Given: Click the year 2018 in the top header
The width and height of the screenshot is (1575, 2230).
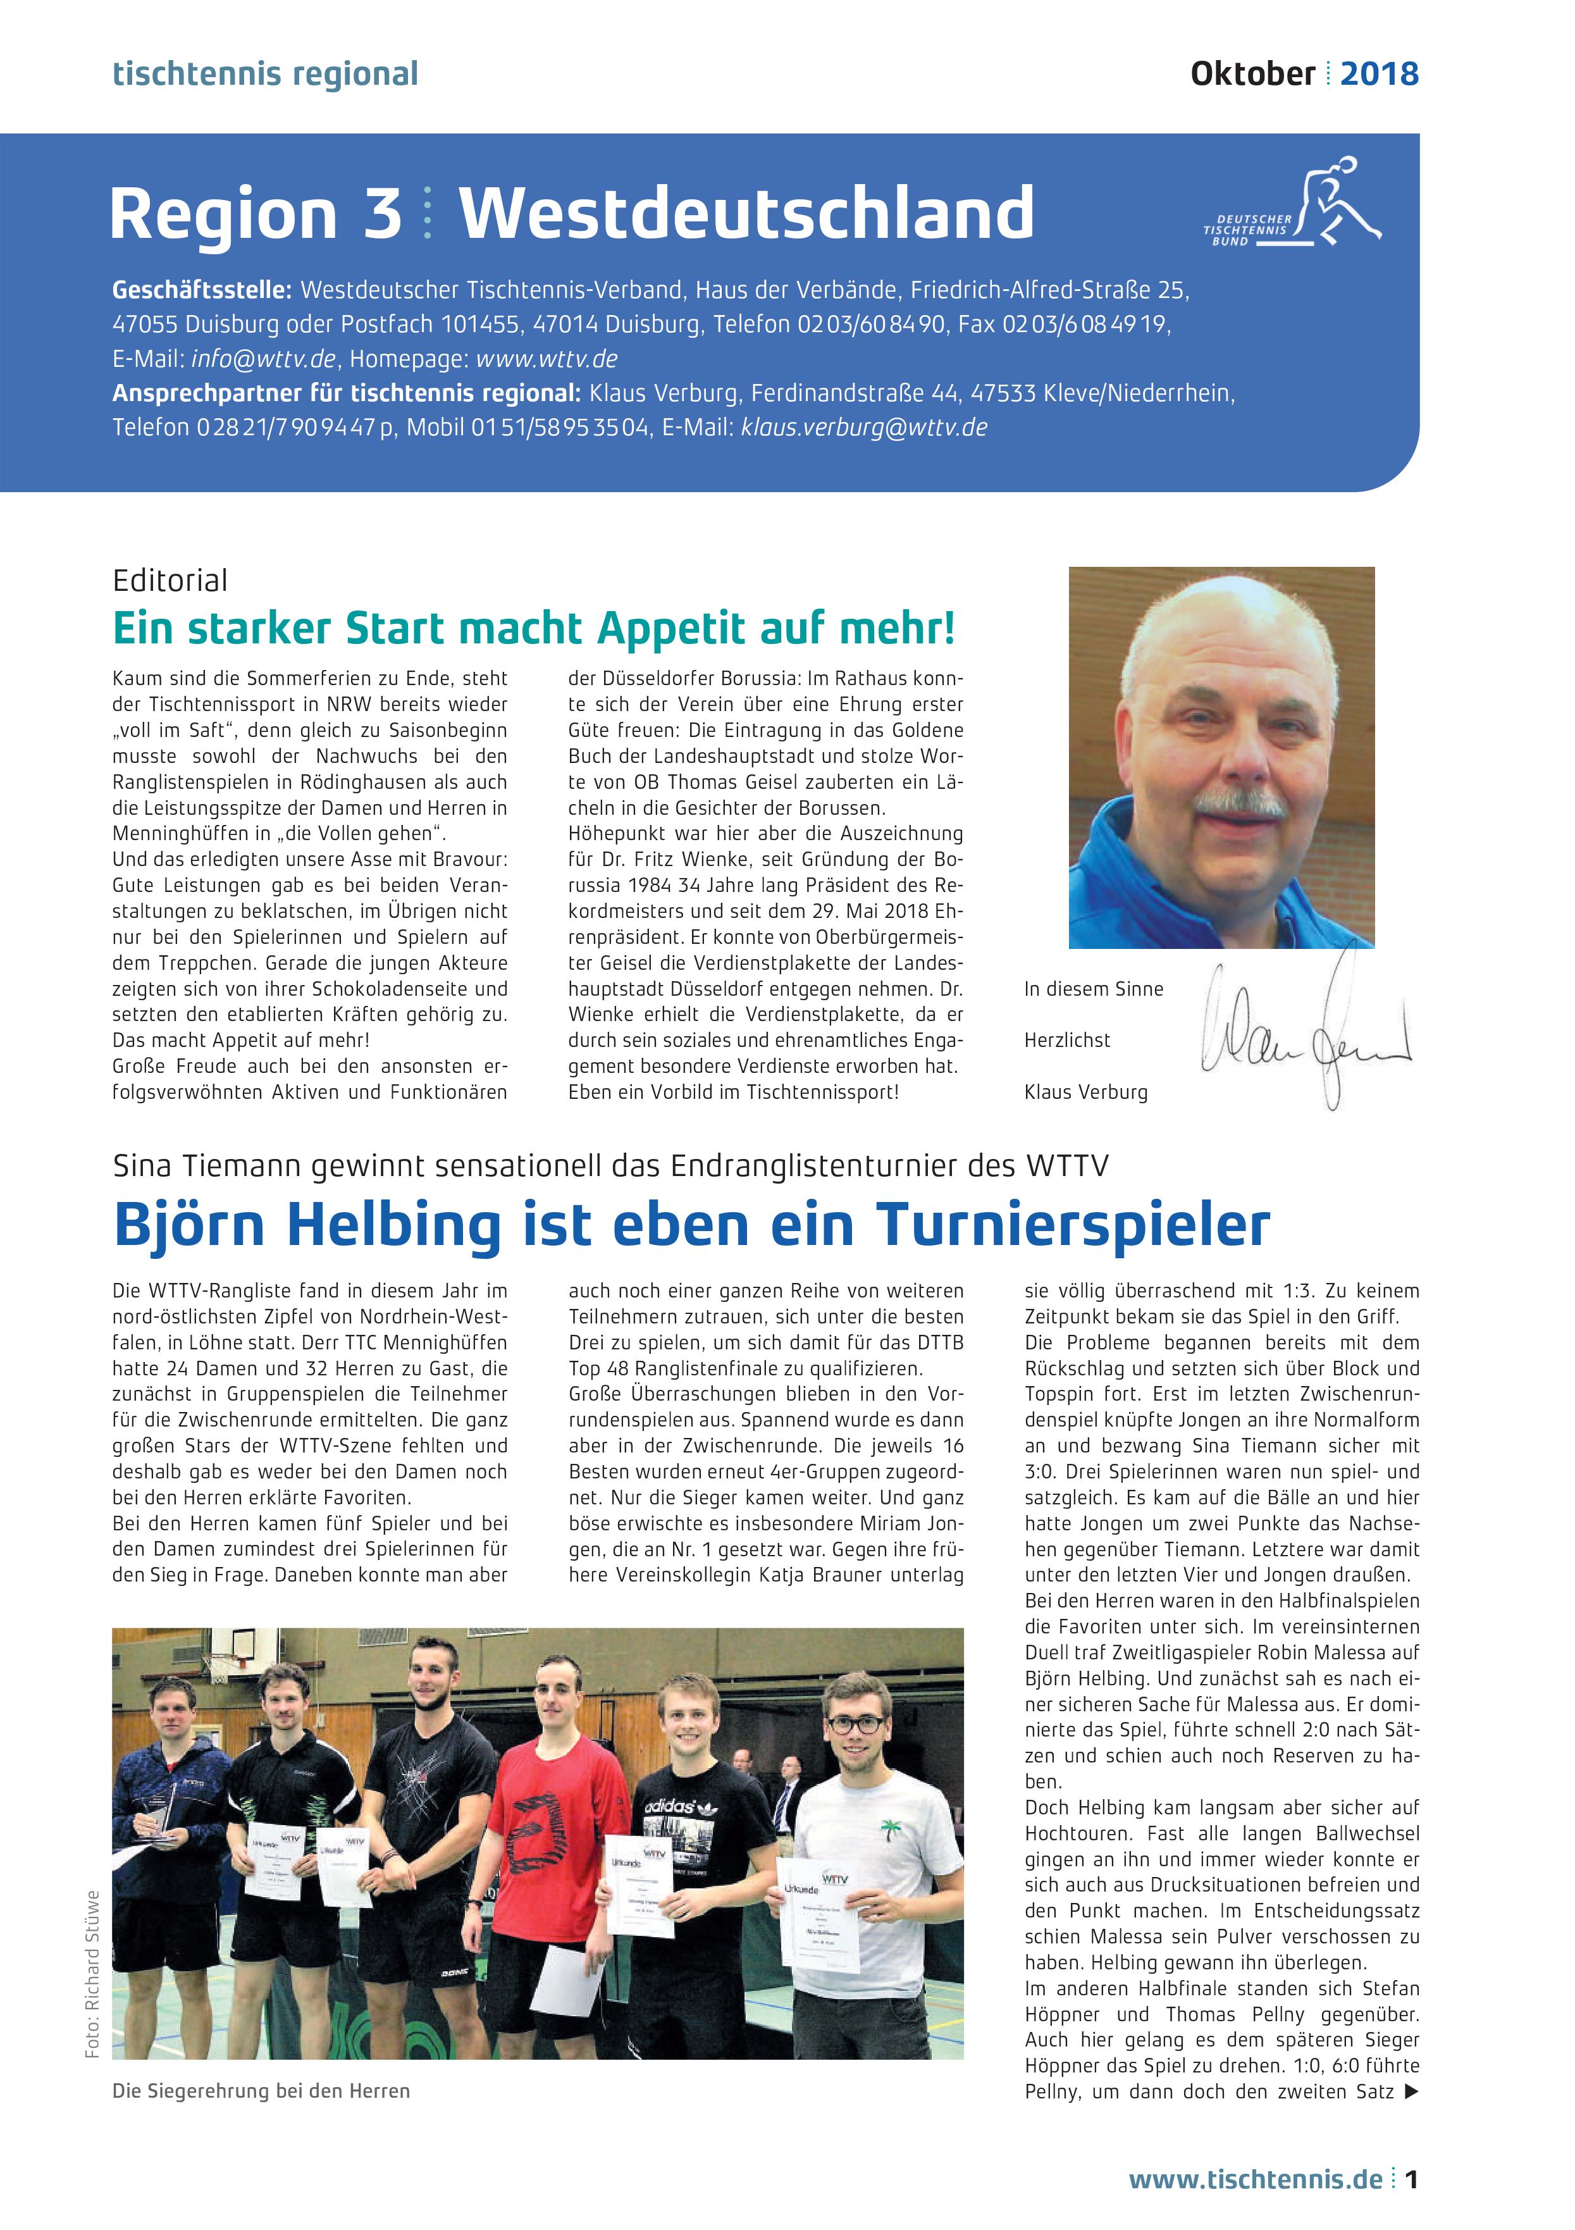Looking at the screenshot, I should pos(1379,74).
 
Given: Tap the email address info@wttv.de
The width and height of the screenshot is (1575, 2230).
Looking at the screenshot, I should pos(263,359).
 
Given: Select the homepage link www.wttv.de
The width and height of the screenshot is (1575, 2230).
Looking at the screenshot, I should pos(548,359).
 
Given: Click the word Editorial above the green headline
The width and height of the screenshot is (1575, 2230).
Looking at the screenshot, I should pos(170,581).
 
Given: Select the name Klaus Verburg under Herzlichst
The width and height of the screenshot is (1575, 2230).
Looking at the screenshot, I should pos(1085,1092).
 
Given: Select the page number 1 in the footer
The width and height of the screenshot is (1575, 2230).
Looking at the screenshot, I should pos(1412,2179).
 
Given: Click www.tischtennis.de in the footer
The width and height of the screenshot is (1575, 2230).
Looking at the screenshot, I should pos(1256,2179).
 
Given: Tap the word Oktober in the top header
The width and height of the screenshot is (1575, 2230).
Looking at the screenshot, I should pos(1252,74).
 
